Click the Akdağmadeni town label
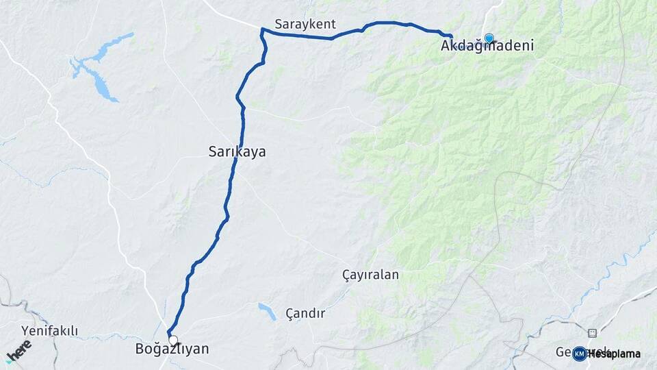point(487,47)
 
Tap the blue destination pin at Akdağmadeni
point(489,38)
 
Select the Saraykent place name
point(305,25)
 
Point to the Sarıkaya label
point(237,153)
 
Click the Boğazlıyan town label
point(172,349)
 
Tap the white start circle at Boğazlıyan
point(173,340)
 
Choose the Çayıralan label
point(370,275)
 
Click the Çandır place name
point(305,313)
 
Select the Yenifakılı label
point(49,332)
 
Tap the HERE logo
point(18,350)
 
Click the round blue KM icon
point(579,354)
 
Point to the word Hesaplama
point(614,354)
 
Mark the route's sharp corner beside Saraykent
point(261,29)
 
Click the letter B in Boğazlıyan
point(140,349)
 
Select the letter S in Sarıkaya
point(212,153)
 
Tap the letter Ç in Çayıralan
point(346,275)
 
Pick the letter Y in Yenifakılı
point(25,332)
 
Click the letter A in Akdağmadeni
point(446,47)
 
